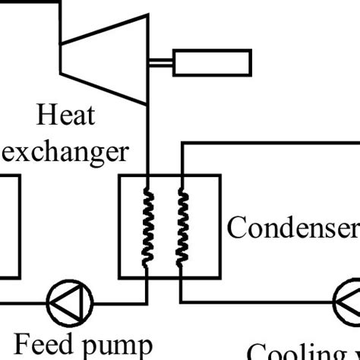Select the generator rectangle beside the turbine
click(x=212, y=62)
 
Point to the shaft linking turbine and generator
click(x=160, y=63)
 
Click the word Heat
click(x=67, y=117)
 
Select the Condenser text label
click(x=292, y=226)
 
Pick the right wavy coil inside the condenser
click(x=182, y=228)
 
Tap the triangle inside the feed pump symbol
click(x=68, y=303)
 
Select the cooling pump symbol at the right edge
click(x=349, y=303)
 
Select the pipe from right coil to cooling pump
click(x=258, y=303)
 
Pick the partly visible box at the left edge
click(x=9, y=228)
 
